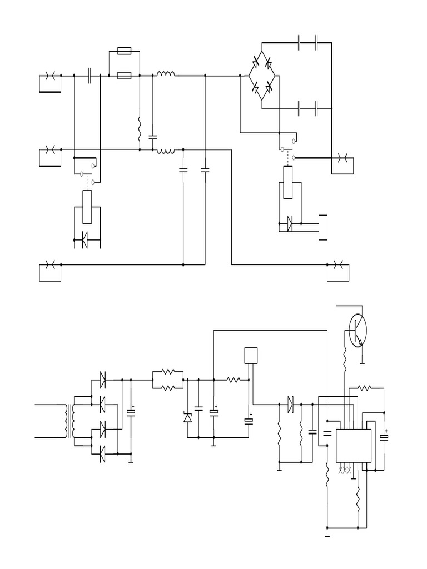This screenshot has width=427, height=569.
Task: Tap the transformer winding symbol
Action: tap(69, 421)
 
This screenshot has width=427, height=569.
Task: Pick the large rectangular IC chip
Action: tap(354, 445)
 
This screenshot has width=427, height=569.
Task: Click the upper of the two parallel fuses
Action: tap(125, 52)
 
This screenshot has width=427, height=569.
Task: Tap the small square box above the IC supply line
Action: tap(251, 355)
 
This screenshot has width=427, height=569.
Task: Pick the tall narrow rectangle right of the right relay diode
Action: tap(323, 227)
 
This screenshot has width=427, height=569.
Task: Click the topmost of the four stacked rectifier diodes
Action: tap(102, 381)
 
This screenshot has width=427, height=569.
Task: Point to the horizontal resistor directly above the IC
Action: tap(365, 387)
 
